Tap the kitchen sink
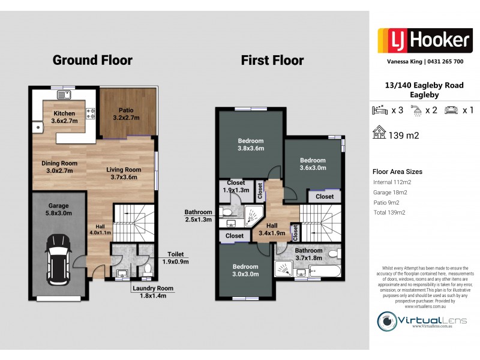click(x=64, y=95)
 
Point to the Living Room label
click(x=124, y=173)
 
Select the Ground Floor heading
click(x=92, y=60)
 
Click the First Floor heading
click(x=272, y=60)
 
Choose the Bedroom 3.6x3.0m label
click(x=313, y=164)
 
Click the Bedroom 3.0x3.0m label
click(x=245, y=270)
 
